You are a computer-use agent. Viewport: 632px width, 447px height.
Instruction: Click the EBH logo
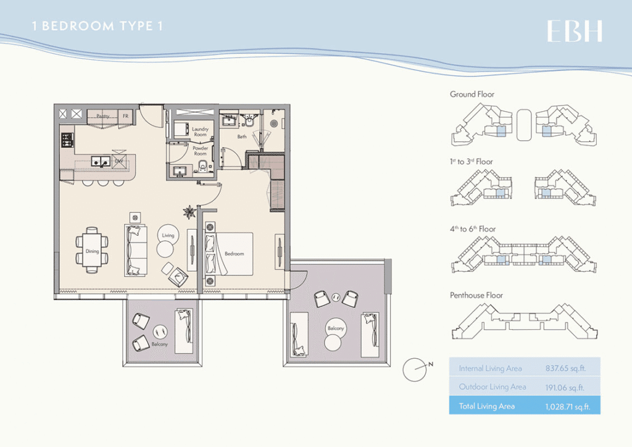tap(574, 31)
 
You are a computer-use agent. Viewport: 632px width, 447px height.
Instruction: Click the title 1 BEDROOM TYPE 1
tap(97, 27)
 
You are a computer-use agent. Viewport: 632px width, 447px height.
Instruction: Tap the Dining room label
tap(92, 251)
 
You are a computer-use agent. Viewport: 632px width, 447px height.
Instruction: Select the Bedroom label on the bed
tap(235, 254)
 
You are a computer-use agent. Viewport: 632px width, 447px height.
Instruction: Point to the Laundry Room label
tap(201, 132)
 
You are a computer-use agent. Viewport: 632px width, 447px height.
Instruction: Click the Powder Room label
tap(200, 151)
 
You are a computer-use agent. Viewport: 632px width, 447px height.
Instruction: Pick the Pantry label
tap(102, 115)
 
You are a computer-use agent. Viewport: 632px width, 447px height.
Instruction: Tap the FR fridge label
tap(125, 115)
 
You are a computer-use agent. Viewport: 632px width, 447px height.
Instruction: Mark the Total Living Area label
tap(486, 406)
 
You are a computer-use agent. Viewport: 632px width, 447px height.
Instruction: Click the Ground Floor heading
tap(472, 94)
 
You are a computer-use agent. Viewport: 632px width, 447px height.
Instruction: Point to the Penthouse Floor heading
tap(476, 295)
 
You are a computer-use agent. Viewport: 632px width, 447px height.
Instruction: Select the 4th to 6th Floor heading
tap(473, 228)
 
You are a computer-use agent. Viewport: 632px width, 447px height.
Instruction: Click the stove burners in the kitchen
tap(67, 140)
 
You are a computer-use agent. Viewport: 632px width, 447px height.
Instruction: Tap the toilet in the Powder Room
tap(202, 165)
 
